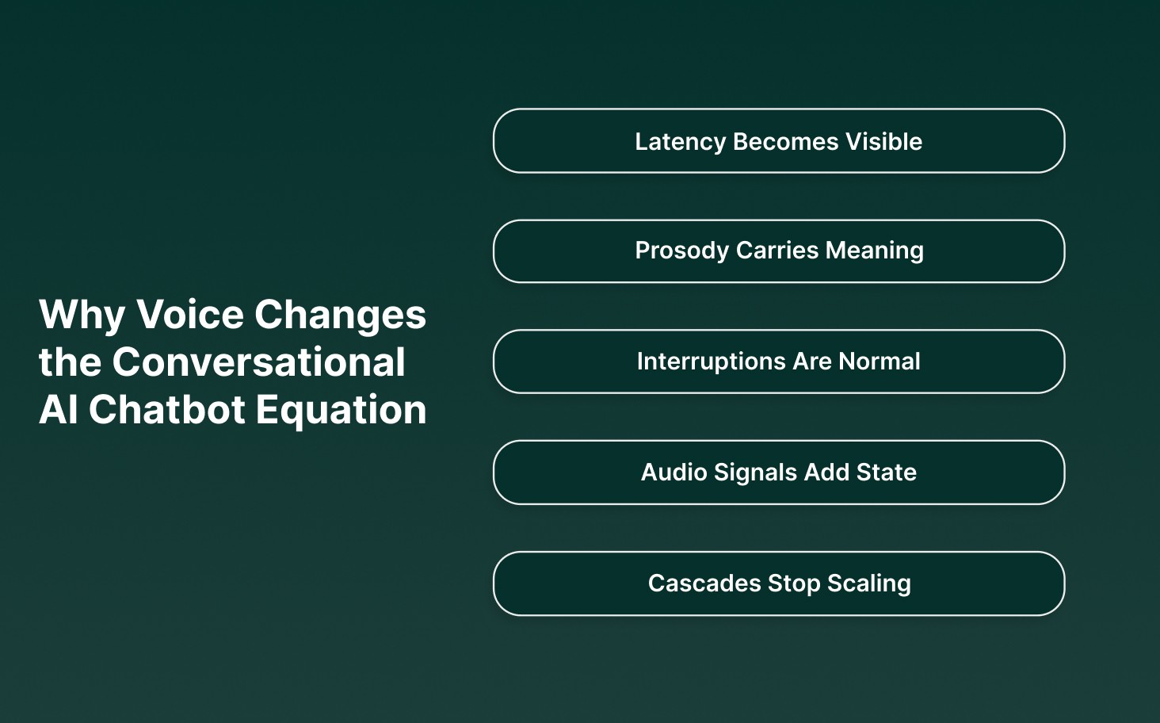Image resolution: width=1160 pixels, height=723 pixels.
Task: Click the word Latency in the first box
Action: pyautogui.click(x=680, y=141)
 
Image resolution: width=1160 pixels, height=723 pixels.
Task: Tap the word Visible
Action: pyautogui.click(x=883, y=141)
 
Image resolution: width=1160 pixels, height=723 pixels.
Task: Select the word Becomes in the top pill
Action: pyautogui.click(x=785, y=141)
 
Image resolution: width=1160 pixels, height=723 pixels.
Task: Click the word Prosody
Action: pyautogui.click(x=681, y=251)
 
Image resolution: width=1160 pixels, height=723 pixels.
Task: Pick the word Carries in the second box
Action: pyautogui.click(x=777, y=251)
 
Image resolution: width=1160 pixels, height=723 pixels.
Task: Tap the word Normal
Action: pyautogui.click(x=880, y=361)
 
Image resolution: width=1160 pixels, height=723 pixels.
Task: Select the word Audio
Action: pyautogui.click(x=673, y=472)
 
